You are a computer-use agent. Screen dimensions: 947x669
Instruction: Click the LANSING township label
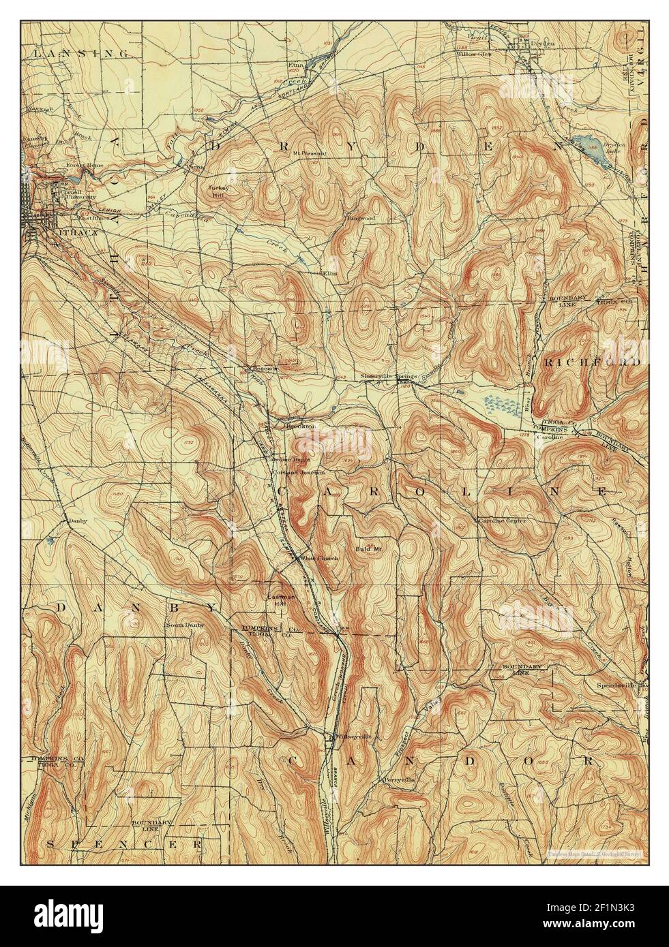pos(81,52)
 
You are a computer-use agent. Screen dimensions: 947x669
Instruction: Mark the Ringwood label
pos(361,219)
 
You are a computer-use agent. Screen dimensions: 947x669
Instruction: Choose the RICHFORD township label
pos(591,363)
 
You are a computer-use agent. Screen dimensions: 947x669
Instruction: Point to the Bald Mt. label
pos(367,548)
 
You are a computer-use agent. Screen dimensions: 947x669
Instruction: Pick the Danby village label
pos(74,521)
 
